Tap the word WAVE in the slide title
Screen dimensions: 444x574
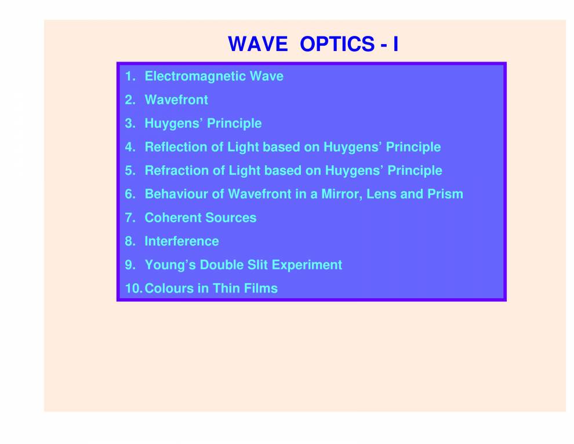pyautogui.click(x=257, y=44)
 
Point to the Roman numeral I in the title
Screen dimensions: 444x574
pyautogui.click(x=395, y=44)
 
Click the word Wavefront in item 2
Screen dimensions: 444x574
pyautogui.click(x=176, y=100)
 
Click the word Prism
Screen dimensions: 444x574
pyautogui.click(x=445, y=194)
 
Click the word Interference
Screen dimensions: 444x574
pyautogui.click(x=181, y=241)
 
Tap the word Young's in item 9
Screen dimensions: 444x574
pyautogui.click(x=170, y=265)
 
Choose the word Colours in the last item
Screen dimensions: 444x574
pyautogui.click(x=168, y=288)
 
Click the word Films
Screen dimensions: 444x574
pyautogui.click(x=260, y=288)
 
